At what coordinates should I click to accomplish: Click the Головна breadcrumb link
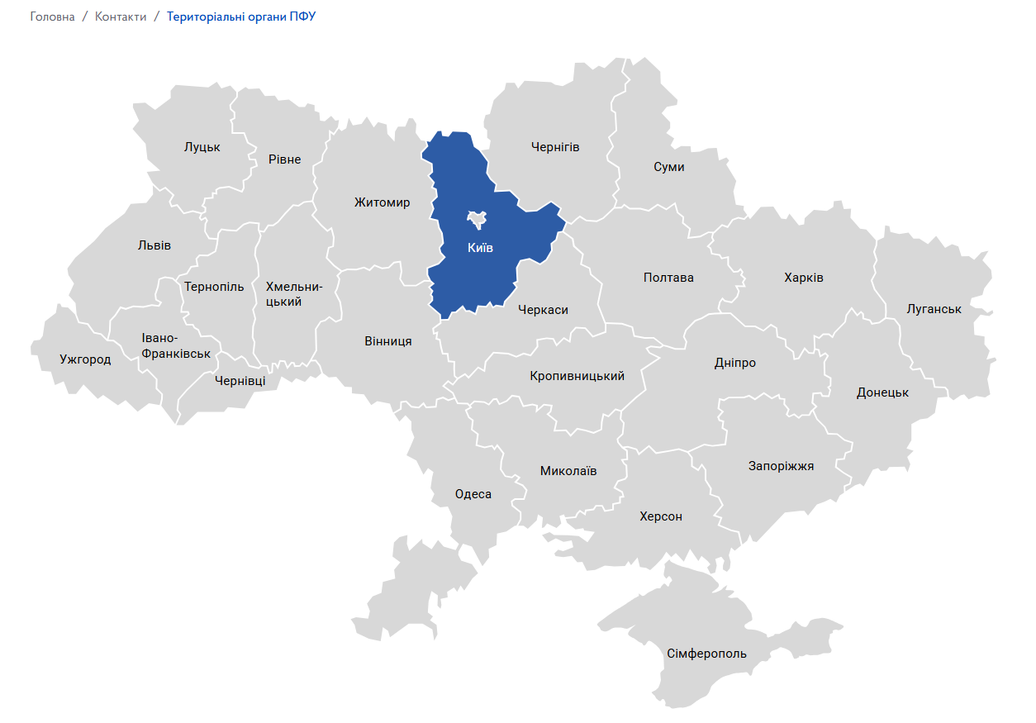[52, 17]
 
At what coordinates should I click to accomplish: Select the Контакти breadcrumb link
[121, 17]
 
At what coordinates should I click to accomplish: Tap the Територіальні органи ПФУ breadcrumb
[241, 17]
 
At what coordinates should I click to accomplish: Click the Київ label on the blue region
[479, 248]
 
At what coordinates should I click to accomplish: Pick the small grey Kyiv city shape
[477, 219]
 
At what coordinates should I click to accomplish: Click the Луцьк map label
[202, 147]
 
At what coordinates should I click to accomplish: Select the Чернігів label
[555, 147]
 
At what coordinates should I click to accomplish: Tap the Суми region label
[668, 167]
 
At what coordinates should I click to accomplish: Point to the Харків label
[803, 278]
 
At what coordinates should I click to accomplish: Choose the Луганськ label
[934, 309]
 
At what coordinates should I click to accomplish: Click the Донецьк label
[882, 392]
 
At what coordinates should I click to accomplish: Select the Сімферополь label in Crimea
[706, 654]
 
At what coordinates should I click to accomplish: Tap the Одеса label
[473, 494]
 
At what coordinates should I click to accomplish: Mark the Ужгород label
[85, 359]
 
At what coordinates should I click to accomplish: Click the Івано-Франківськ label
[176, 345]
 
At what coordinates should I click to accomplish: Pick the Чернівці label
[240, 381]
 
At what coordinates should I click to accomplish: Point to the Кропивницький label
[577, 376]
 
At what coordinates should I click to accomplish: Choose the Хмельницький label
[294, 294]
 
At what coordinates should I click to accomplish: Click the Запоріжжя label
[781, 466]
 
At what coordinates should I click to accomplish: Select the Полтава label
[668, 278]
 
